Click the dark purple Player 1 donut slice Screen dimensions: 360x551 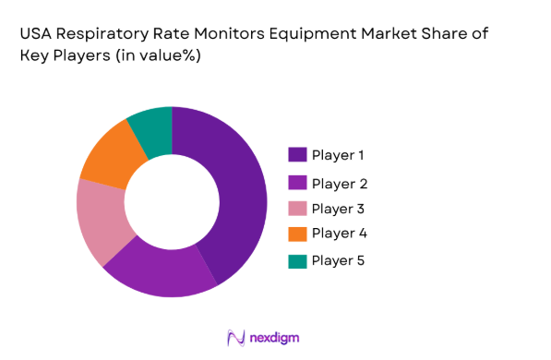236,194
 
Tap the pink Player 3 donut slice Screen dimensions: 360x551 101,221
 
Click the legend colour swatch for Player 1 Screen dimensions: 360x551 297,154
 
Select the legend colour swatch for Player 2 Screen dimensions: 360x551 297,181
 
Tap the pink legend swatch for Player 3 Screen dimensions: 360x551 297,208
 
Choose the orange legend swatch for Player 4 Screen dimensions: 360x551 297,233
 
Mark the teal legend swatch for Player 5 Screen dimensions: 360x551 297,260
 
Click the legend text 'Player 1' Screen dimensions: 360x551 338,154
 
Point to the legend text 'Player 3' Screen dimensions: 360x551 338,208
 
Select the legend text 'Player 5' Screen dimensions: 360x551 338,260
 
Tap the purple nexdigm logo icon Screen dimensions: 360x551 234,337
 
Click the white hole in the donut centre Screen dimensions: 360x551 171,202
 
